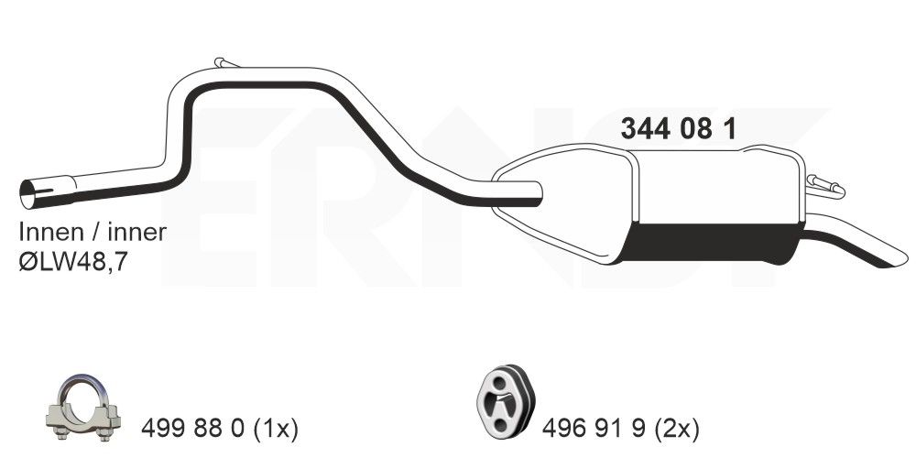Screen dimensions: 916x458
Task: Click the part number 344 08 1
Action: [x=678, y=129]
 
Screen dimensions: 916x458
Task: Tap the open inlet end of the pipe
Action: [x=27, y=194]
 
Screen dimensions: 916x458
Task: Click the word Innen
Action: [x=51, y=233]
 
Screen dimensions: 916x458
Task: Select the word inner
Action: [x=137, y=233]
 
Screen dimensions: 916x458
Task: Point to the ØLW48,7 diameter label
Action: [x=73, y=262]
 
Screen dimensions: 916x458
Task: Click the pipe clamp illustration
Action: [x=83, y=408]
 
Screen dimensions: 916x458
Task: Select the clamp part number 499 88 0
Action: [x=192, y=430]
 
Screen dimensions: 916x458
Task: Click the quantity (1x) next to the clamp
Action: [x=276, y=430]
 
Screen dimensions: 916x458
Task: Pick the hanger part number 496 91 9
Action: [x=594, y=430]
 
